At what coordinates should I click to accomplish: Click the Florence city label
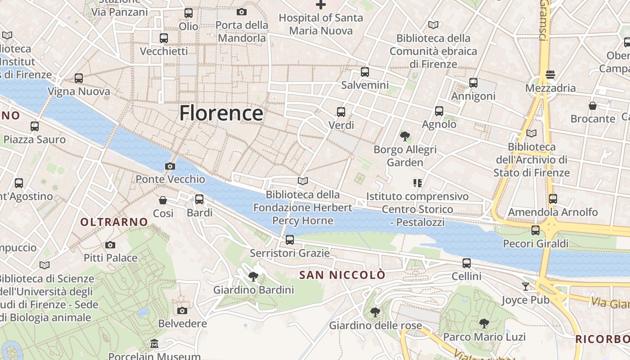click(x=221, y=113)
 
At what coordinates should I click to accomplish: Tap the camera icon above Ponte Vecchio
click(x=170, y=166)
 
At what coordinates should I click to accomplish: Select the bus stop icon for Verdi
click(x=341, y=112)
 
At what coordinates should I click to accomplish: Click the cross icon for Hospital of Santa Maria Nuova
click(x=320, y=5)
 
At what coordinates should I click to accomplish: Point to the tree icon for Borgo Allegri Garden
click(x=405, y=136)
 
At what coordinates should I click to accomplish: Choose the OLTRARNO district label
click(x=114, y=222)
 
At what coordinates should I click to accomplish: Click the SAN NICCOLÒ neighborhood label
click(x=342, y=275)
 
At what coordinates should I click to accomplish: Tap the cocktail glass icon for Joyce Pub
click(x=526, y=286)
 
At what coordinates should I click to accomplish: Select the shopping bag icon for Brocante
click(x=593, y=106)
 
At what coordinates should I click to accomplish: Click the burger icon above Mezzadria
click(x=550, y=74)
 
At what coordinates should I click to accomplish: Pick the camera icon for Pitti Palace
click(x=110, y=245)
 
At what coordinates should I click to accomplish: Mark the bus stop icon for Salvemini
click(x=365, y=72)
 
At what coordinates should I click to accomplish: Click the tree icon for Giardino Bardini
click(x=253, y=277)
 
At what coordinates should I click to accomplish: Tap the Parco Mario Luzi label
click(x=484, y=337)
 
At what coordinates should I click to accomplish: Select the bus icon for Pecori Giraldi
click(x=535, y=230)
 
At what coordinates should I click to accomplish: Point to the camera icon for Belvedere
click(x=182, y=310)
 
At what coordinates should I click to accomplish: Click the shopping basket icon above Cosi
click(x=163, y=200)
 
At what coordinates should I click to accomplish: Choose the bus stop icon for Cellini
click(x=467, y=263)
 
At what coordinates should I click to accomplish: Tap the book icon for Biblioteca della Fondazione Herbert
click(x=303, y=181)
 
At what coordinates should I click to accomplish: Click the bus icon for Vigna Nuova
click(x=79, y=78)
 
